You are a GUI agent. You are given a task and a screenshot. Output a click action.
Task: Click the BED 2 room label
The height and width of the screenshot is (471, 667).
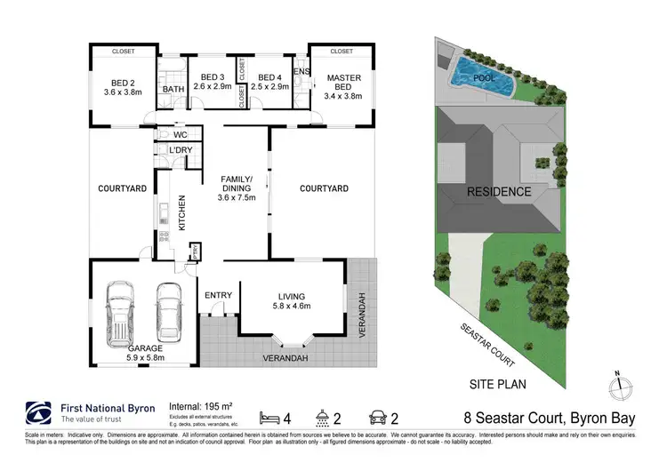tap(123, 84)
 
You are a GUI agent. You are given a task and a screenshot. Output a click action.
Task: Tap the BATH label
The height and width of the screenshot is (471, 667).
tap(173, 89)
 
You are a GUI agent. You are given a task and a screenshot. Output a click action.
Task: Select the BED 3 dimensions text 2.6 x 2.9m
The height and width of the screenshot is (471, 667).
tap(211, 87)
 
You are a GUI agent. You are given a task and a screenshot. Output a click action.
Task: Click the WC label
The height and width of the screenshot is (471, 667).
tap(180, 135)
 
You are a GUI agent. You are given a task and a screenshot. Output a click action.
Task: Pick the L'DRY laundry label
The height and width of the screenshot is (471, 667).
tap(181, 151)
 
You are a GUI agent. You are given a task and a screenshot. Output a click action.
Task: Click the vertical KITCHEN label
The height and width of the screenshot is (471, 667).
tap(182, 213)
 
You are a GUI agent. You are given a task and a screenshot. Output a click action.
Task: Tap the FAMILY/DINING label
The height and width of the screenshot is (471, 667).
tap(237, 185)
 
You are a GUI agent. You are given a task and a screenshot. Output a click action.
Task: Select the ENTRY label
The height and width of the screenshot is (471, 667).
tap(218, 296)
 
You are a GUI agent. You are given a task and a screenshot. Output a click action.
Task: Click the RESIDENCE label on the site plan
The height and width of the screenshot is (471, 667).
tap(500, 191)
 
